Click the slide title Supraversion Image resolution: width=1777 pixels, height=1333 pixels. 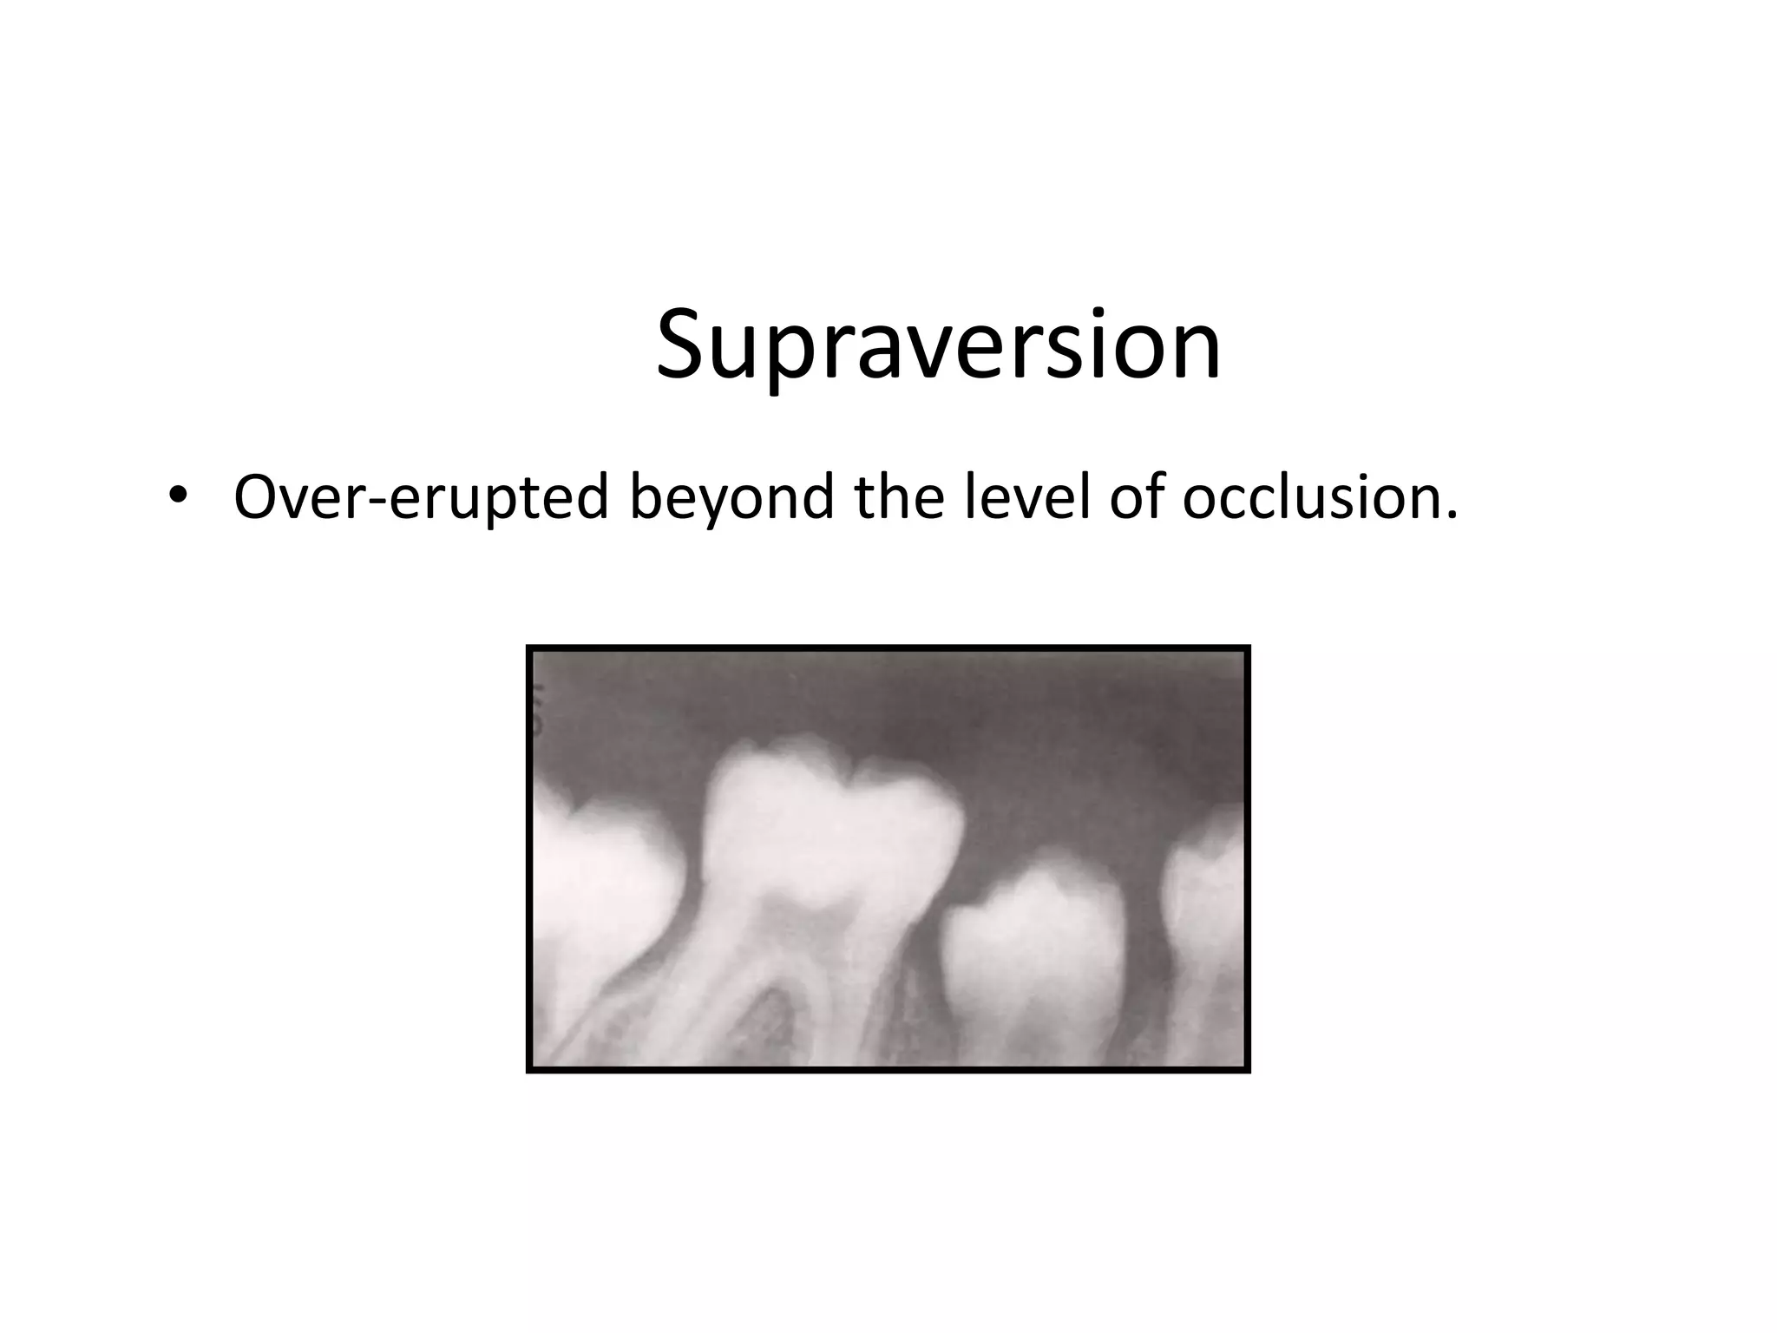[938, 345]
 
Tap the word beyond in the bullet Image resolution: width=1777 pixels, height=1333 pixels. [732, 499]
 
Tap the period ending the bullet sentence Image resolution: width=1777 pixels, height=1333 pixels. [1451, 515]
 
